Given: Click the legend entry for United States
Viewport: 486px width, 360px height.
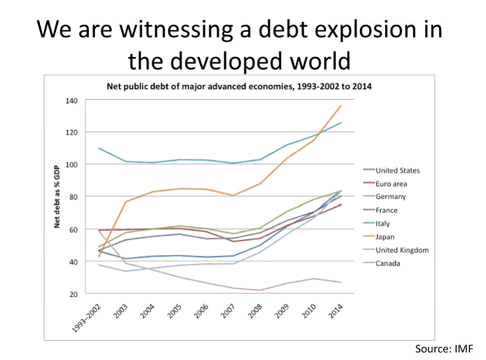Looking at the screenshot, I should click(397, 171).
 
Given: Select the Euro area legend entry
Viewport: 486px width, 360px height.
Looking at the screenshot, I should click(391, 184).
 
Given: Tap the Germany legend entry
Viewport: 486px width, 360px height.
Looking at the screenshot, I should click(391, 197).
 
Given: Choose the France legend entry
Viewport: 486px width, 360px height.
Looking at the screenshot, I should click(387, 210).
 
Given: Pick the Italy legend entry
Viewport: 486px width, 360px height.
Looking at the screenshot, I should click(383, 223).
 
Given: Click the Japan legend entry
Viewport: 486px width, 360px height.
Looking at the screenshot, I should click(386, 237).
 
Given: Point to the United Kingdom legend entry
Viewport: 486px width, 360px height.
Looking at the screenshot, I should click(402, 250).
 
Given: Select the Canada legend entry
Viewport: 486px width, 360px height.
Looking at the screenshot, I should click(388, 263).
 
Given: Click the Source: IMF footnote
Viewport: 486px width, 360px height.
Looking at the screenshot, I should click(443, 348).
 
